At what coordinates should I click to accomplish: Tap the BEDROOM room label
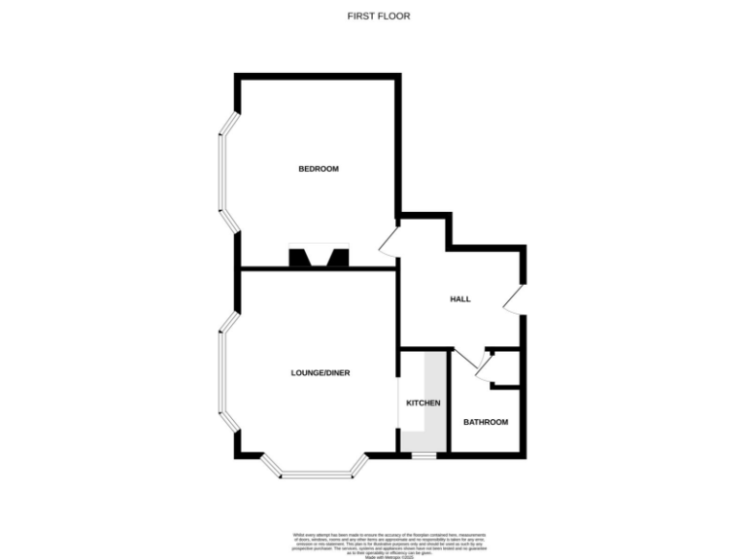[x=318, y=169]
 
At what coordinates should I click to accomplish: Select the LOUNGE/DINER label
[x=320, y=372]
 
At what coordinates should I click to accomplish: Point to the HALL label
[x=459, y=298]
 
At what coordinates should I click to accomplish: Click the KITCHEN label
[x=423, y=402]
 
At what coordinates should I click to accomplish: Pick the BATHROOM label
[x=485, y=422]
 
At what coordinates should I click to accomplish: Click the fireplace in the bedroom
[x=318, y=258]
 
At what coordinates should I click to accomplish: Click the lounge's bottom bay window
[x=319, y=473]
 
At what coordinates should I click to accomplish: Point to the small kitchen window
[x=423, y=455]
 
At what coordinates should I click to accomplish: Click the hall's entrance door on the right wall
[x=515, y=299]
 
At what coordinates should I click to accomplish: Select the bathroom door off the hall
[x=466, y=360]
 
